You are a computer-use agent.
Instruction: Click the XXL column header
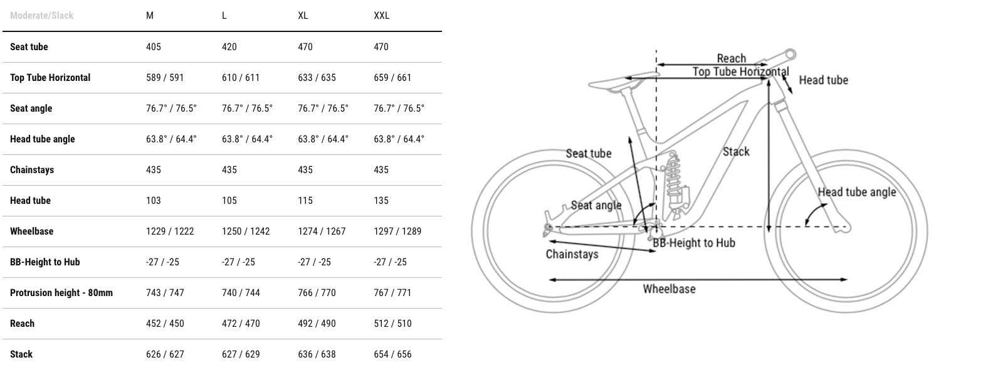point(382,16)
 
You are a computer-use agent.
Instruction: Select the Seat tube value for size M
point(153,46)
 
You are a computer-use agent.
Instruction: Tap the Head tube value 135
point(381,200)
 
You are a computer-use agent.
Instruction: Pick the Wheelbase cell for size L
point(246,231)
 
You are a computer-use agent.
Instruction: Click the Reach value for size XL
point(317,324)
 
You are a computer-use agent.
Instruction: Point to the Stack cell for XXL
point(392,354)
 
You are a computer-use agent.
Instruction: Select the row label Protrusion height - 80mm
point(61,293)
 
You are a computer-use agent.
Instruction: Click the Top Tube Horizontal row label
point(50,78)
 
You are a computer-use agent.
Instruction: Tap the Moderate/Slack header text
point(41,16)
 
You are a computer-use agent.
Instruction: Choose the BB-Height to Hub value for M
point(162,262)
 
